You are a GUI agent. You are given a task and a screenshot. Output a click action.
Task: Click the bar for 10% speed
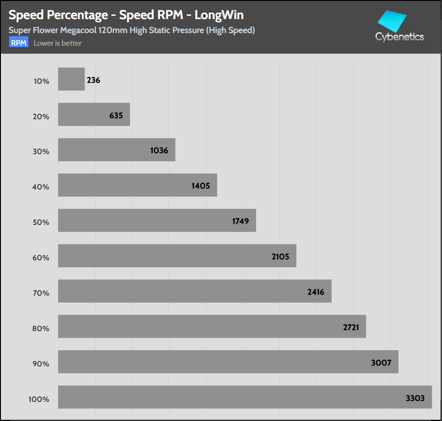71,79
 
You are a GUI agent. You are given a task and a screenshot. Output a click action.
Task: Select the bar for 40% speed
137,185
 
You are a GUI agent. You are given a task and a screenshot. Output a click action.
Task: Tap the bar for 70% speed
195,291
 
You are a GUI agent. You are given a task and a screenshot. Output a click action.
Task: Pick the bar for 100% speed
245,397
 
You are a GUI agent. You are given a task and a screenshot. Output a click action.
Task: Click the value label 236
93,80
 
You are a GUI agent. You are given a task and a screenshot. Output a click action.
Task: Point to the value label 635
116,115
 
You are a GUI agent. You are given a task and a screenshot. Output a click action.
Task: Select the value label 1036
159,150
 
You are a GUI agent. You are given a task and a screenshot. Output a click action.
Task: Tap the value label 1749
240,221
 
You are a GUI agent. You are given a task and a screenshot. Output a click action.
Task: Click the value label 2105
280,257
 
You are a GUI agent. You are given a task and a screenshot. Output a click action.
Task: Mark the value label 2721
351,327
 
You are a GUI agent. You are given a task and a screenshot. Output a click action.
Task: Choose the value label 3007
381,363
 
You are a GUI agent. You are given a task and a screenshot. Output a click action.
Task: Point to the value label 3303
415,398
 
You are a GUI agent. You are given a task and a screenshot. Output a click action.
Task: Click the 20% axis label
41,117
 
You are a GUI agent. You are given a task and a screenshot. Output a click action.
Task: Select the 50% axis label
41,222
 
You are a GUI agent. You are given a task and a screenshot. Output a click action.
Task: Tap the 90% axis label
41,364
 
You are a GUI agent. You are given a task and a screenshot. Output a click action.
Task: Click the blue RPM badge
19,42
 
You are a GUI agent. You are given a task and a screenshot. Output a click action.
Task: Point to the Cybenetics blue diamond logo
392,21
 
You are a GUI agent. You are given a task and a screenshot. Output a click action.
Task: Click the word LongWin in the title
219,15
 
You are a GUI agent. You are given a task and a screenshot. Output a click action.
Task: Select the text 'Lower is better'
57,43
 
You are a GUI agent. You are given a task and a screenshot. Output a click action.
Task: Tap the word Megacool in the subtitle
78,30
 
